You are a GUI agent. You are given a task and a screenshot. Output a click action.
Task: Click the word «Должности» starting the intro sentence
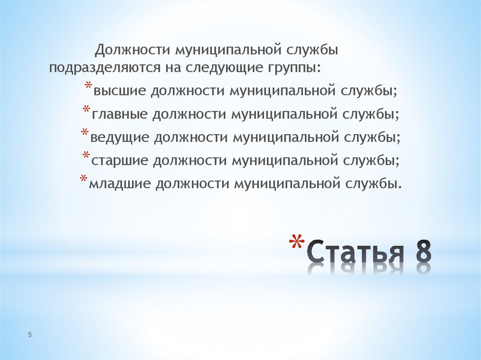point(132,49)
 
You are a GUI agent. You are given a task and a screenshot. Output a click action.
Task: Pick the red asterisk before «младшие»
point(83,180)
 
